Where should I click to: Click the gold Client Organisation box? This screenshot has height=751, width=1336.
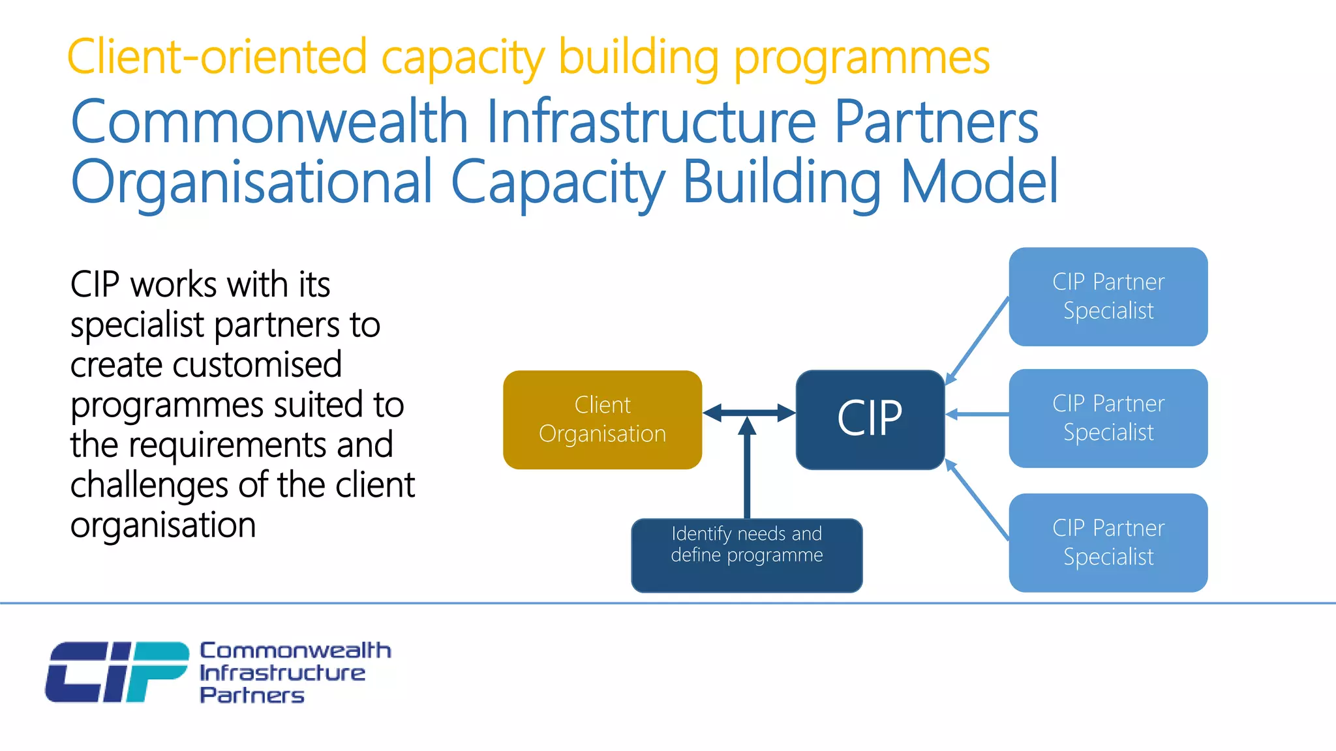(x=602, y=419)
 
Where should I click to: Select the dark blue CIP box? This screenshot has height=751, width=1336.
(x=870, y=419)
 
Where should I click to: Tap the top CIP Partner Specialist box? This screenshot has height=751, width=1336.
(x=1108, y=296)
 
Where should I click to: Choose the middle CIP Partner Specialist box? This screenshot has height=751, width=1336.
(x=1108, y=418)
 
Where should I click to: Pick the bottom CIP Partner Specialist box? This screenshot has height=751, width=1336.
(x=1108, y=542)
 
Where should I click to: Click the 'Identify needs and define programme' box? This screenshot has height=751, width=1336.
(x=746, y=555)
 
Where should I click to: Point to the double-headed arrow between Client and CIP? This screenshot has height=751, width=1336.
(x=749, y=412)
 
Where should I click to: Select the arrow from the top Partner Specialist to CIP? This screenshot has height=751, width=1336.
(x=977, y=341)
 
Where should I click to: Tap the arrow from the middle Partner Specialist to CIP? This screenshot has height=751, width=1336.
(x=977, y=414)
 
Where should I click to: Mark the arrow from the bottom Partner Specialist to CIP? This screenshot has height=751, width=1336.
(x=977, y=499)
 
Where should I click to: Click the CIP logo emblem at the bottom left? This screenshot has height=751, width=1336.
(x=116, y=671)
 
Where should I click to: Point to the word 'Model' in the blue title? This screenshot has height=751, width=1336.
(x=979, y=182)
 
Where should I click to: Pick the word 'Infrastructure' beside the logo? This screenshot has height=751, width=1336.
(x=282, y=673)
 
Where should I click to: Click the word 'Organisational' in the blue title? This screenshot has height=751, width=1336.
(x=251, y=182)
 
